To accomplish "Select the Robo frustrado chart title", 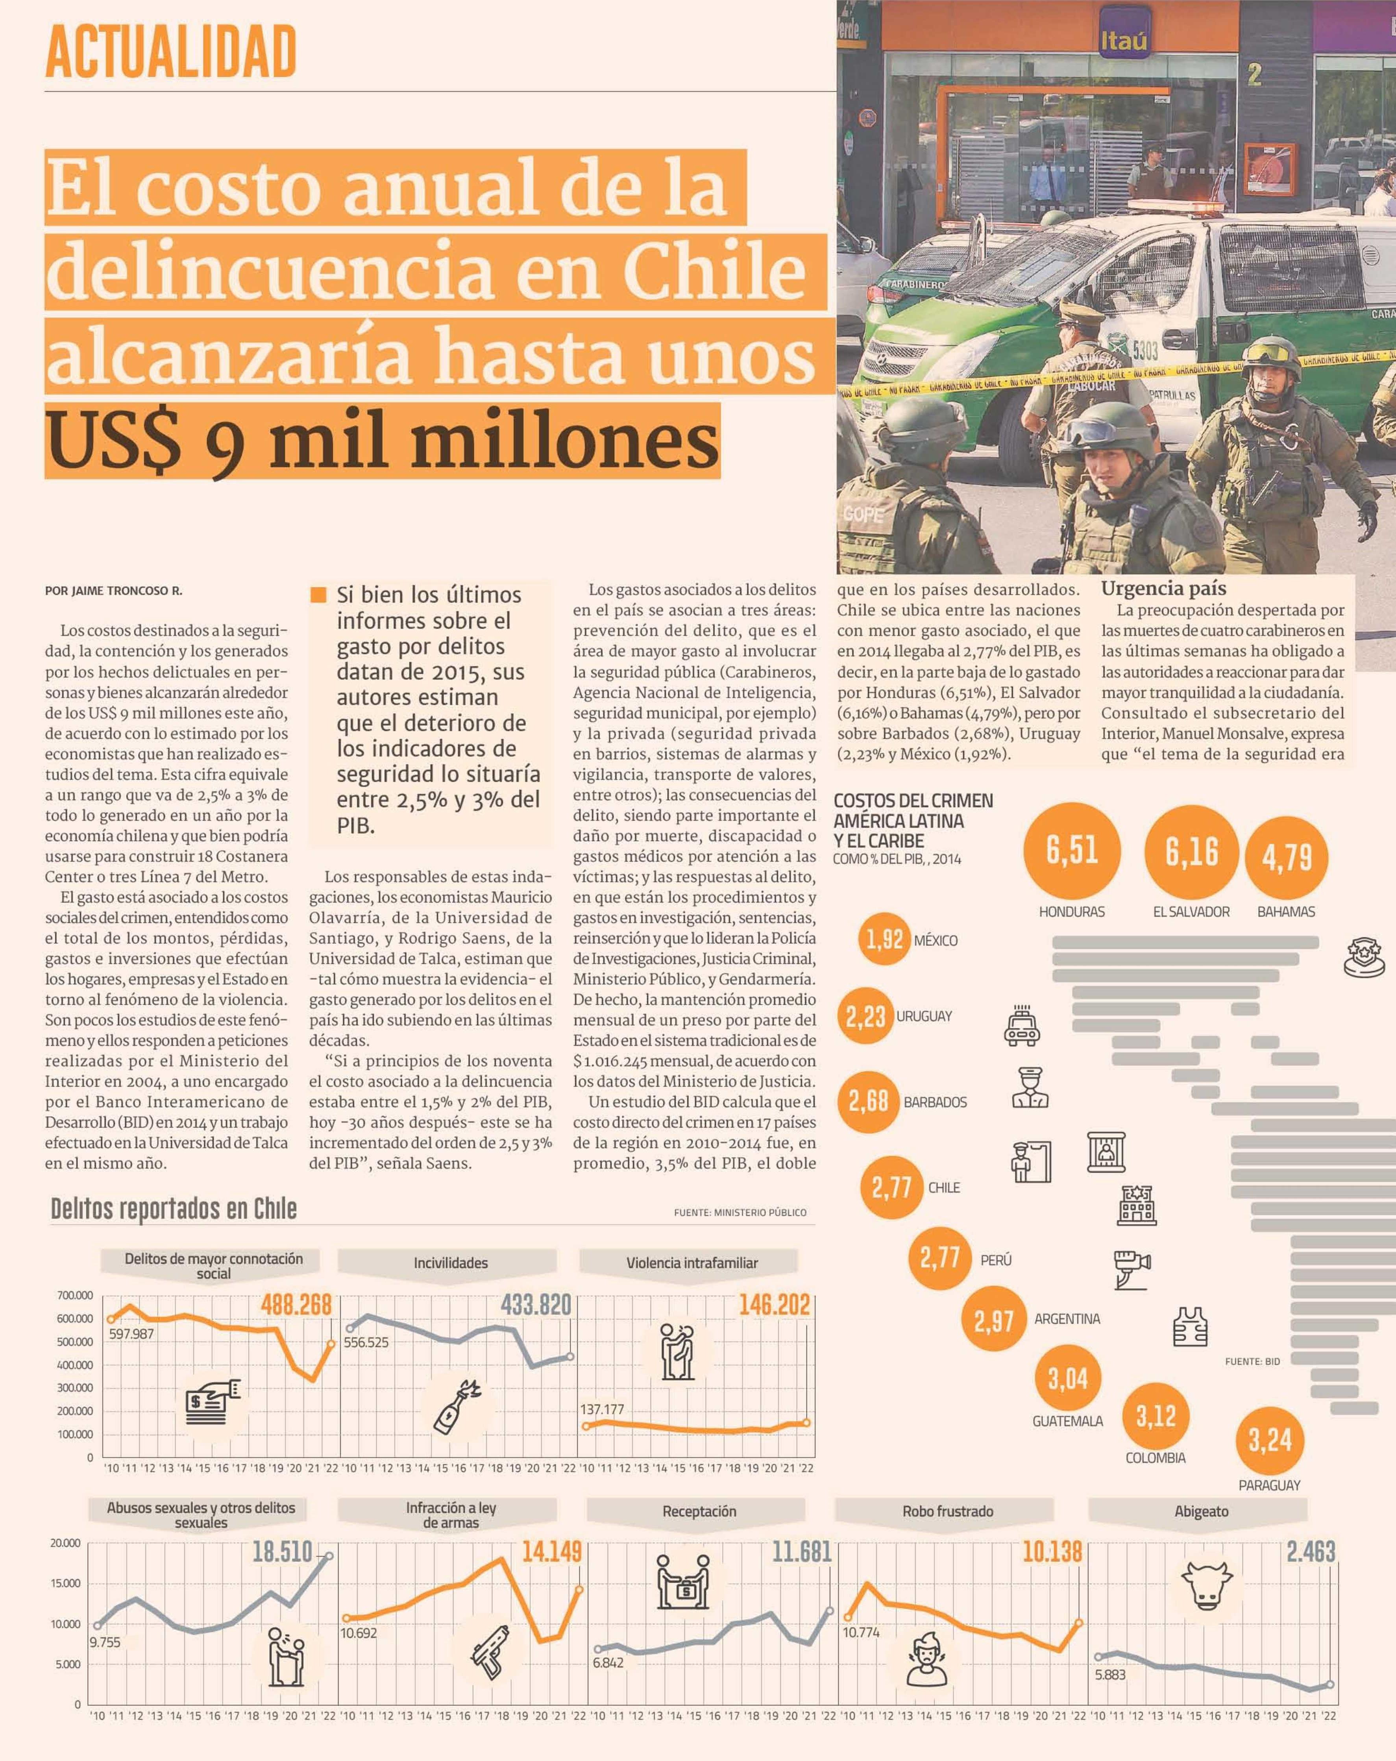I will (948, 1511).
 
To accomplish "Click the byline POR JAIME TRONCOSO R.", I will (113, 591).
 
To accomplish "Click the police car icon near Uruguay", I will (1021, 1025).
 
